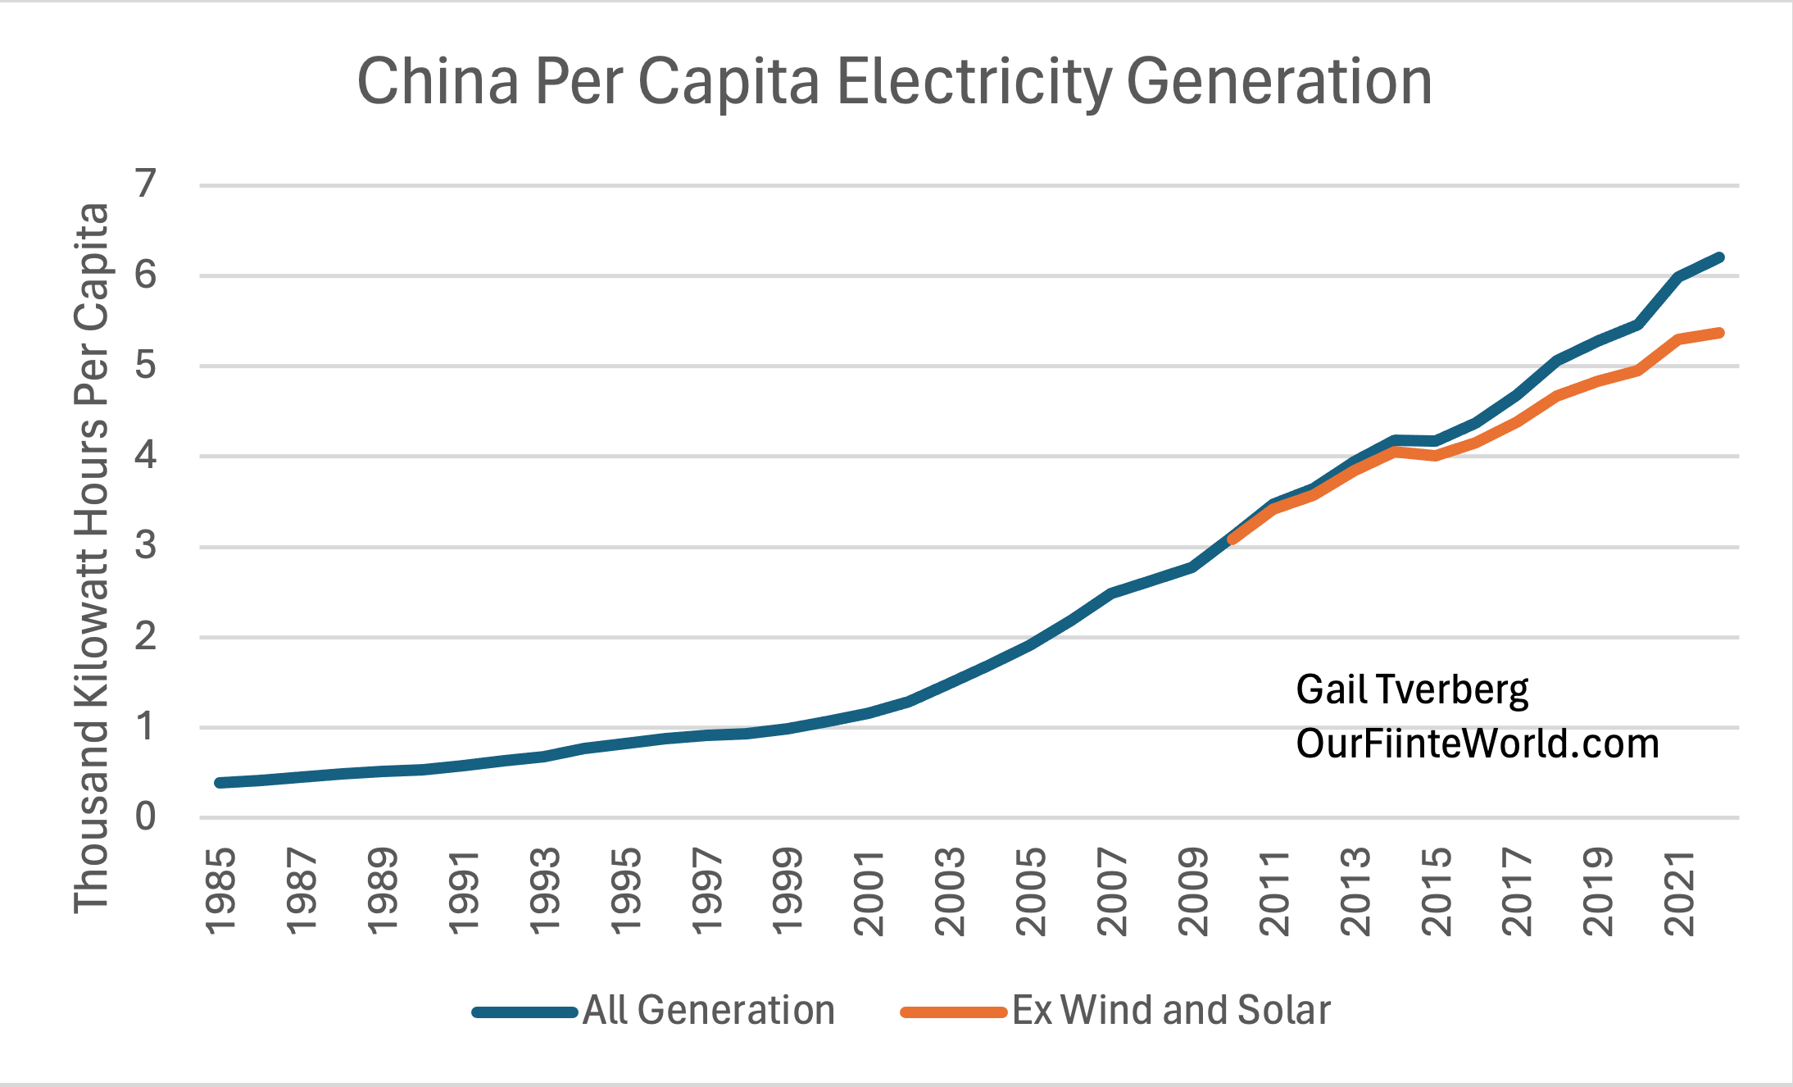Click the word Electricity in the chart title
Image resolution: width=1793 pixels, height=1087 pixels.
[x=974, y=82]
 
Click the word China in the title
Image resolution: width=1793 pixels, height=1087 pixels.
[x=438, y=82]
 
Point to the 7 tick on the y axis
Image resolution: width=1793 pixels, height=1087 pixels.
[x=146, y=184]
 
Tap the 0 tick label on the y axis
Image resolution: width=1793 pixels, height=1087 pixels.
[x=146, y=816]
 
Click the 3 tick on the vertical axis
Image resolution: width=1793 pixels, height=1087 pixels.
[x=146, y=546]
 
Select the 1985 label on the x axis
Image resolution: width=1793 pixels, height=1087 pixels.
[x=221, y=892]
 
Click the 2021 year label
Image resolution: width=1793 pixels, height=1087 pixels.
[x=1680, y=892]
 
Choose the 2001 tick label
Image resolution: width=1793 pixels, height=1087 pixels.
[x=869, y=892]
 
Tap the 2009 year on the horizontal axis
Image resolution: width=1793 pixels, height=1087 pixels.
[x=1194, y=892]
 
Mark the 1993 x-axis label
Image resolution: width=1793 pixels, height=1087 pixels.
[x=545, y=892]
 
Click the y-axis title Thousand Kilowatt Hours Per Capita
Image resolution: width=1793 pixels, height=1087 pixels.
[x=92, y=557]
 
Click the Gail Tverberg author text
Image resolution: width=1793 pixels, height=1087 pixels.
[x=1411, y=690]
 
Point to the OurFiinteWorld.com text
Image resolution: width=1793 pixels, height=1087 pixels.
[x=1477, y=744]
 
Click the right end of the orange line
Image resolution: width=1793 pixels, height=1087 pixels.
[x=1719, y=333]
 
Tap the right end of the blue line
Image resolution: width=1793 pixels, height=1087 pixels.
[x=1719, y=257]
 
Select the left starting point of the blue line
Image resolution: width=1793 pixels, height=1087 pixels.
[x=220, y=783]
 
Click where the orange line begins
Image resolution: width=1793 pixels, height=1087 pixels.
[x=1232, y=540]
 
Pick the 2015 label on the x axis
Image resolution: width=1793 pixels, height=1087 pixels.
[x=1437, y=892]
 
